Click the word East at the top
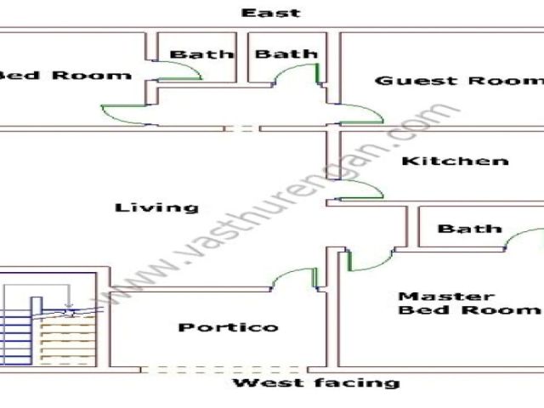[270, 13]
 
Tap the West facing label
[316, 383]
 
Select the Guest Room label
[458, 81]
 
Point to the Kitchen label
[455, 161]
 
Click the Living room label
[157, 207]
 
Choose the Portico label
[228, 327]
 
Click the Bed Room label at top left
[65, 75]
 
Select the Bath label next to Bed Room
[201, 54]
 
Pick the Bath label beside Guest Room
[286, 54]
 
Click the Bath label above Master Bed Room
[469, 229]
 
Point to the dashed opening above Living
[243, 128]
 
